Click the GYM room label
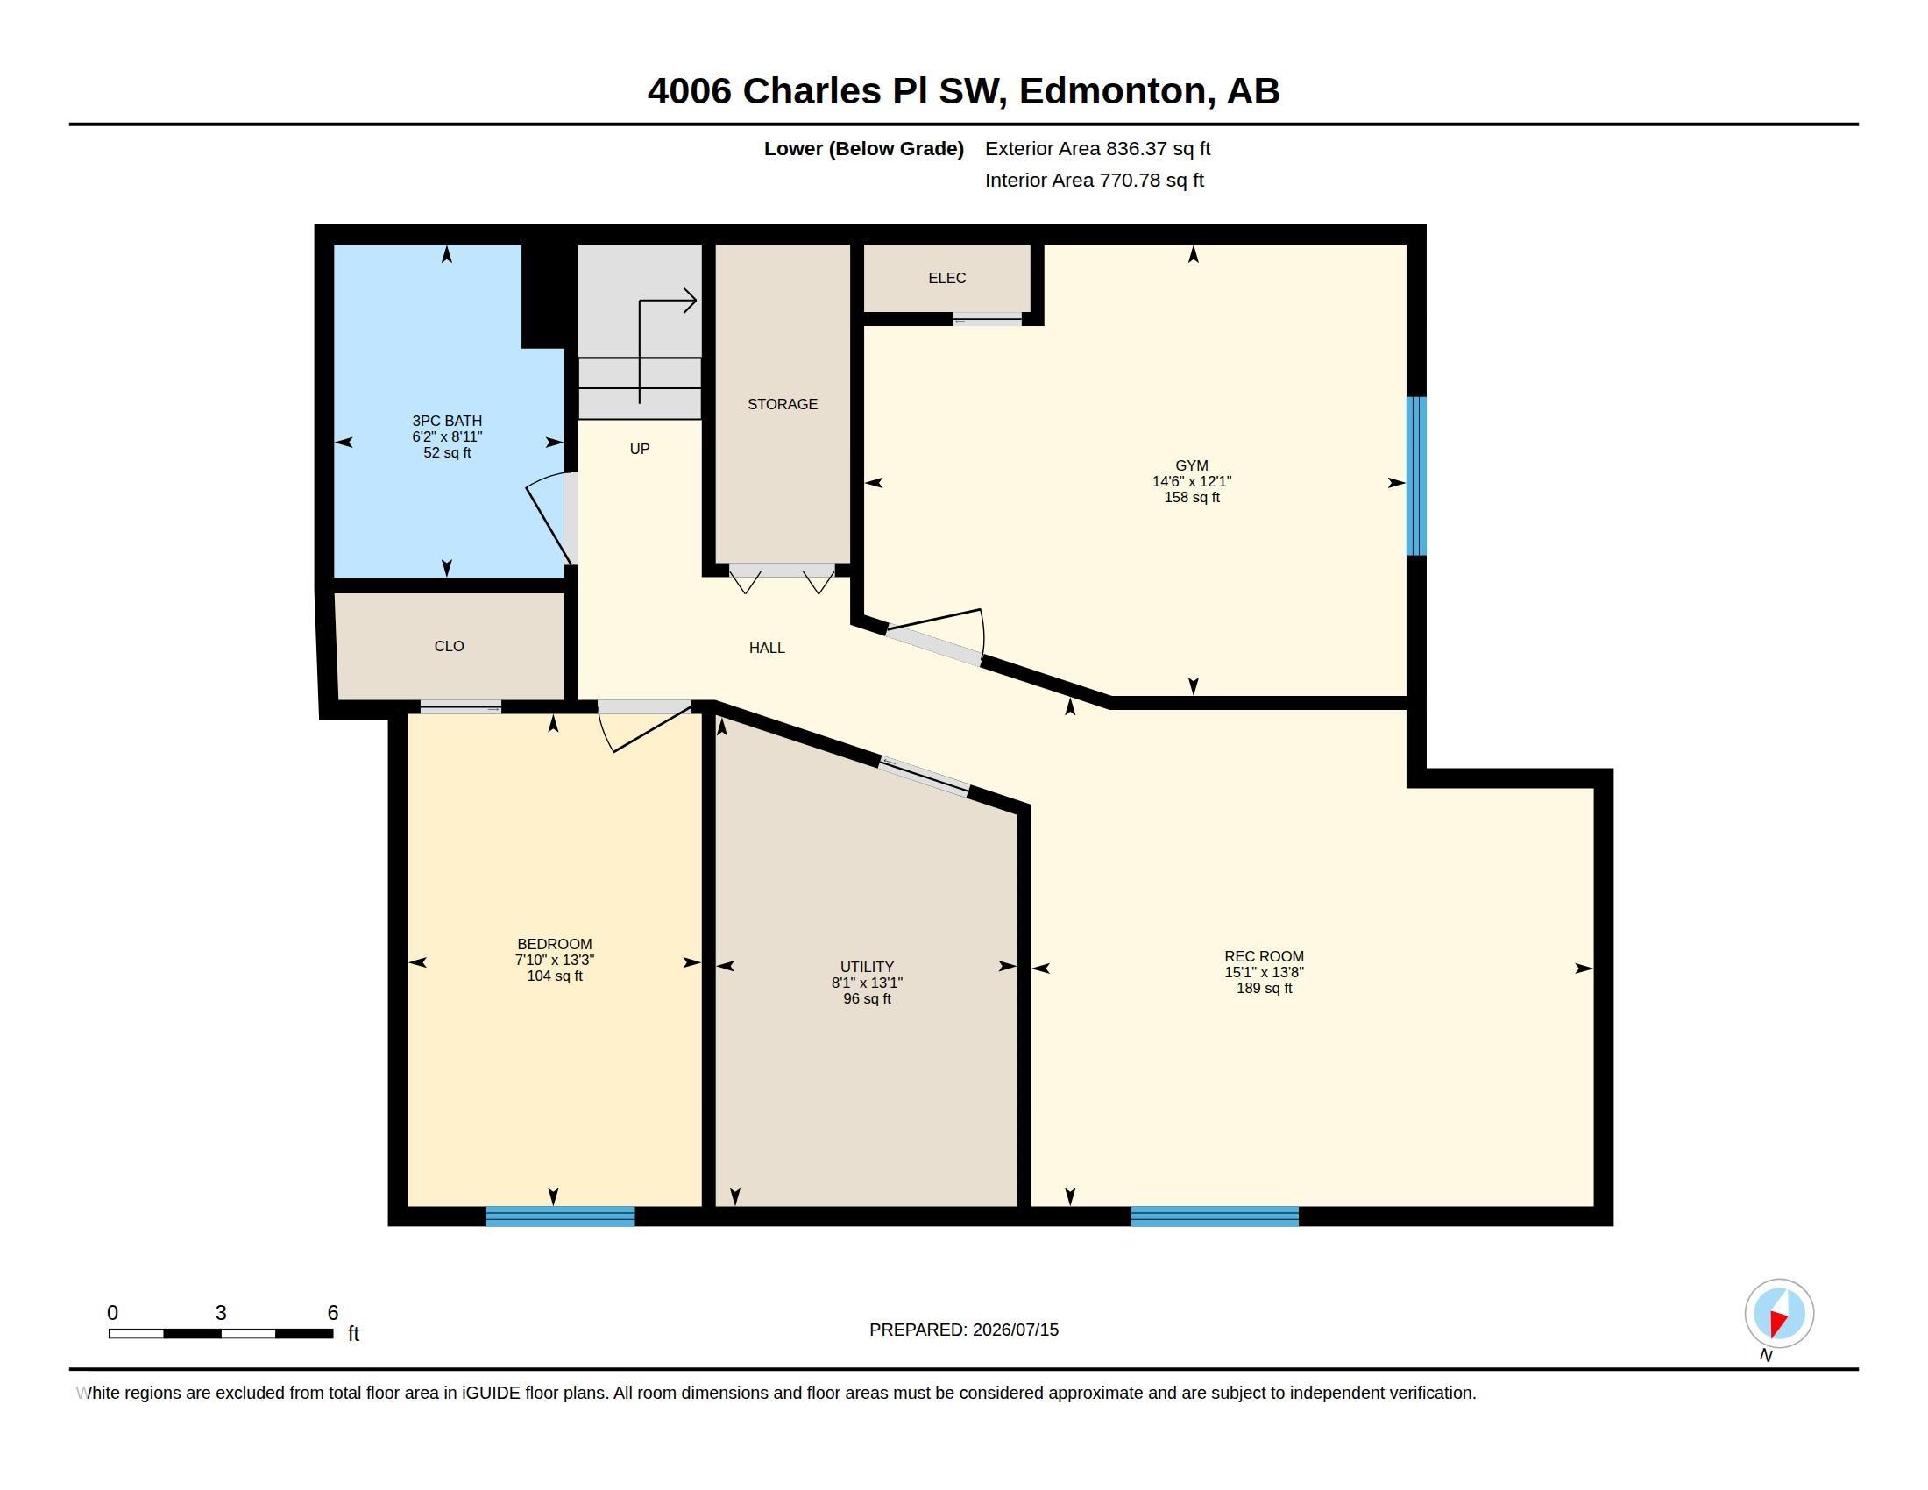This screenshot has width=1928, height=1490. [x=1191, y=465]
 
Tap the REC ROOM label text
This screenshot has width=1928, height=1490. [x=1263, y=956]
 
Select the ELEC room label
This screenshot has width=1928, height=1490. [x=946, y=278]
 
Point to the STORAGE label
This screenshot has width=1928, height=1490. [x=782, y=404]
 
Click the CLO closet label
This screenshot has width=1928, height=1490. [x=449, y=646]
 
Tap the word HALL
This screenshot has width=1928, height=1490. [x=766, y=648]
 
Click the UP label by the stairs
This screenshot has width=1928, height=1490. [x=639, y=450]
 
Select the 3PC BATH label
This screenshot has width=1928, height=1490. [x=447, y=421]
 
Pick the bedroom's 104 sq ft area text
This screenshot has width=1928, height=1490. [x=555, y=976]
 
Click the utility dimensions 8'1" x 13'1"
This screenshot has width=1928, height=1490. [x=866, y=983]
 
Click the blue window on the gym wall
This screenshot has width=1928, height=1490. [x=1415, y=476]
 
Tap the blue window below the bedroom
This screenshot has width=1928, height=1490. [x=560, y=1216]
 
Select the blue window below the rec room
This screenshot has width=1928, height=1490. [x=1214, y=1216]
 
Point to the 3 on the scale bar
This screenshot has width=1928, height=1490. [x=221, y=1313]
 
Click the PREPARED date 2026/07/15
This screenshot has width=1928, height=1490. [x=1015, y=1330]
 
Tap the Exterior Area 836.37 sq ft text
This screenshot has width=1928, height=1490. [x=1097, y=148]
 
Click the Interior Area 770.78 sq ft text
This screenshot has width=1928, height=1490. [x=1094, y=180]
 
